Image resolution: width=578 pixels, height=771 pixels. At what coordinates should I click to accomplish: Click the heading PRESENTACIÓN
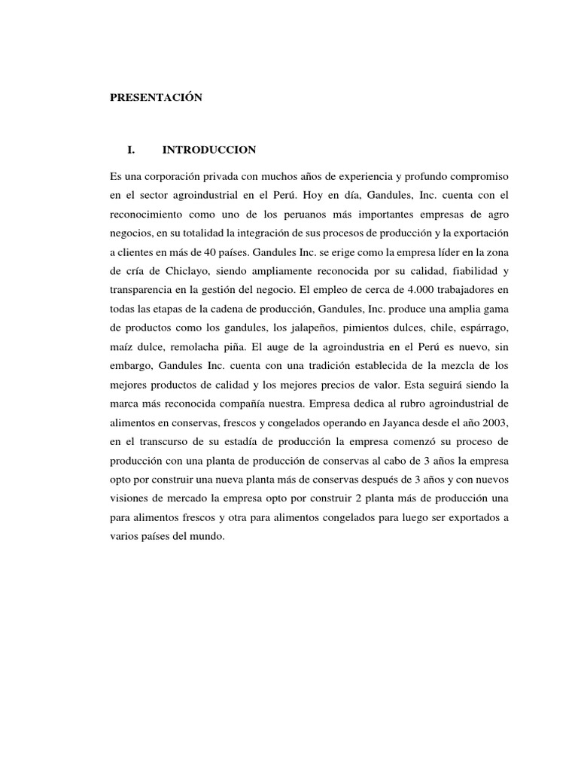[156, 99]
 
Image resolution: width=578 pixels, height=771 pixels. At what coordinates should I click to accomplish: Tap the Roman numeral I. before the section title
[132, 150]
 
